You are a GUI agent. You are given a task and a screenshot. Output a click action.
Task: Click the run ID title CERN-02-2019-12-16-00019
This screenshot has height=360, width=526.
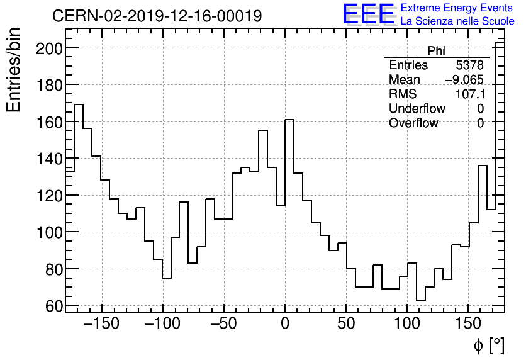click(x=157, y=16)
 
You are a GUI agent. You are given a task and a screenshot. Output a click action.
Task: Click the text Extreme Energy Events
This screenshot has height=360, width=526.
click(x=457, y=8)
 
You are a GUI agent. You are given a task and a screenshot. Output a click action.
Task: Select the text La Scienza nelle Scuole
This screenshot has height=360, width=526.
click(x=457, y=21)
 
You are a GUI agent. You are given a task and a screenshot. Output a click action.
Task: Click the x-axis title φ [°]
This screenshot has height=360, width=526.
click(x=489, y=345)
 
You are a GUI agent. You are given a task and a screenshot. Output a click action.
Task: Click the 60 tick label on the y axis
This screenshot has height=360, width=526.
click(x=53, y=307)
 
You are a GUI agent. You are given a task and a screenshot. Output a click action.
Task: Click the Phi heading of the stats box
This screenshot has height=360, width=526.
click(x=437, y=51)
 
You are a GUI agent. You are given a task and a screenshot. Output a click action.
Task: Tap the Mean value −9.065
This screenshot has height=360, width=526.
click(x=464, y=80)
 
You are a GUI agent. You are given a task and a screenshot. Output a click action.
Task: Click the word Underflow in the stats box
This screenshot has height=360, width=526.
click(x=417, y=109)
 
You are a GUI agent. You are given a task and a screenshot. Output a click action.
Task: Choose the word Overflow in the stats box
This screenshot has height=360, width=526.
click(x=413, y=123)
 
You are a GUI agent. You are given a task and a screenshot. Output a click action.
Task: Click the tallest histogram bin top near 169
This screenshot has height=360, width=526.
click(x=79, y=104)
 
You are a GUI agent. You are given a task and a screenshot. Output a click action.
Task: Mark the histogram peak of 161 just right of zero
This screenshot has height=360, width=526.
click(x=289, y=120)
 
